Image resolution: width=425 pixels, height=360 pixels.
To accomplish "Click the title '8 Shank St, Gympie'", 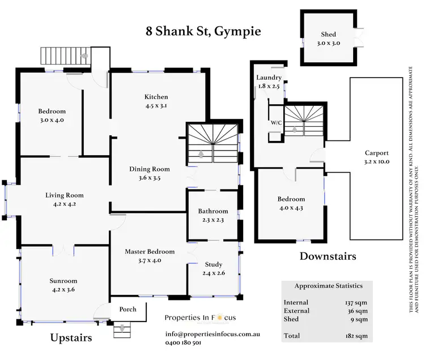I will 203,31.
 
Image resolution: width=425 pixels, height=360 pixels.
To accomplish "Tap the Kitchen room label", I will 156,96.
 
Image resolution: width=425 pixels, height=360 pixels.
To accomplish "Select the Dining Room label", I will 150,169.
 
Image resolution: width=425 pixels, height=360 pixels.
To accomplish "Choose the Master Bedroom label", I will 149,251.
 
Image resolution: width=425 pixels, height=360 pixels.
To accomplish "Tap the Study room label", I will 214,264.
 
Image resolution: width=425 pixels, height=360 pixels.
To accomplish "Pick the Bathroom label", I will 213,211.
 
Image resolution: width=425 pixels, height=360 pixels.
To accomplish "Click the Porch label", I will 127,310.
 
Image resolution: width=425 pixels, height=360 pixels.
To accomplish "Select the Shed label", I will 328,35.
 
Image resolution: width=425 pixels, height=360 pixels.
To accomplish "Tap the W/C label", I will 277,122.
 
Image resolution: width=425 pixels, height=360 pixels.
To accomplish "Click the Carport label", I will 376,153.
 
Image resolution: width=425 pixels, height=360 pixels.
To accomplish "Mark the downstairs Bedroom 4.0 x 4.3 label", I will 291,199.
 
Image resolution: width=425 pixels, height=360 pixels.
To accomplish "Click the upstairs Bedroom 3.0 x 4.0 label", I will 52,111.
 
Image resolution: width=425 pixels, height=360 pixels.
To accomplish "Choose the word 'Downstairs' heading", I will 328,256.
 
